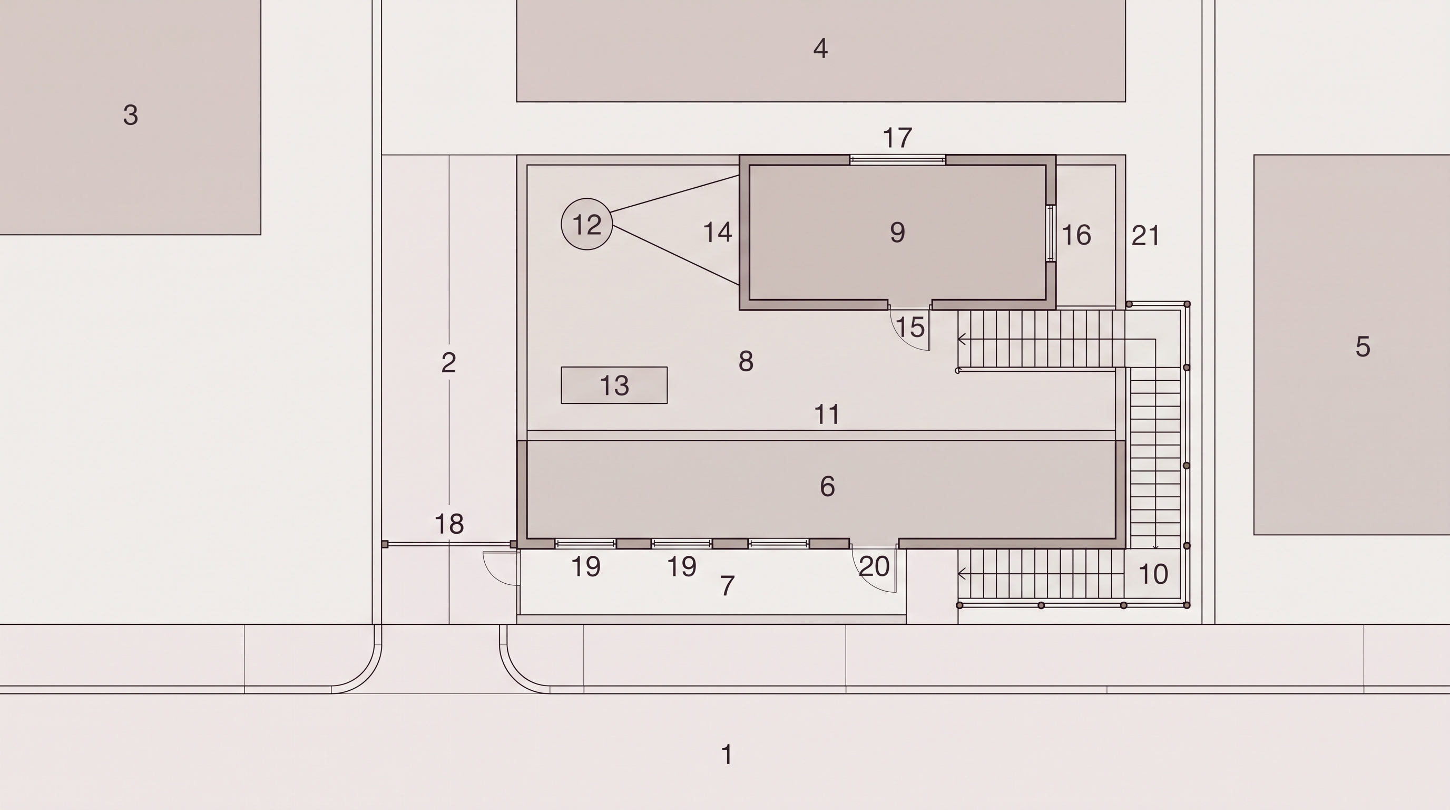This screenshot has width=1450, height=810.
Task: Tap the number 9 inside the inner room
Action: click(898, 232)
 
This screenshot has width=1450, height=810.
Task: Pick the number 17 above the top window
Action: click(897, 138)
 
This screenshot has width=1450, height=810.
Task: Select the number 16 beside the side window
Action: click(1076, 235)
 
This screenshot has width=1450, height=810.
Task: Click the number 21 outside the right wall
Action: click(1145, 235)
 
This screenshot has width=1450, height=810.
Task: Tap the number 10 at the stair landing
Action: click(1153, 574)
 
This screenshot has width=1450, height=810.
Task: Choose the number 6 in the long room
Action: click(827, 486)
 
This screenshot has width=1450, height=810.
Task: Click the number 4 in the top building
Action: click(821, 49)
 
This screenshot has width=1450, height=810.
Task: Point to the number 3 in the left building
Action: click(131, 115)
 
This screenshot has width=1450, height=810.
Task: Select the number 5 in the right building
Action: click(1363, 346)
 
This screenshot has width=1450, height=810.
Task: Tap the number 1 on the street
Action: click(727, 754)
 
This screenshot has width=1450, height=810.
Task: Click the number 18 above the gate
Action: click(449, 524)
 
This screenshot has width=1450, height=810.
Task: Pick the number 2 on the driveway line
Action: click(448, 362)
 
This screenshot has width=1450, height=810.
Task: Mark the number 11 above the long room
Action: click(827, 414)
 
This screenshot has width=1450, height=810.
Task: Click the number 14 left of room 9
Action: click(718, 232)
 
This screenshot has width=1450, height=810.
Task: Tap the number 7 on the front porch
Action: click(727, 586)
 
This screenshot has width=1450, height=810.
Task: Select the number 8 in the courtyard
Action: click(746, 361)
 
